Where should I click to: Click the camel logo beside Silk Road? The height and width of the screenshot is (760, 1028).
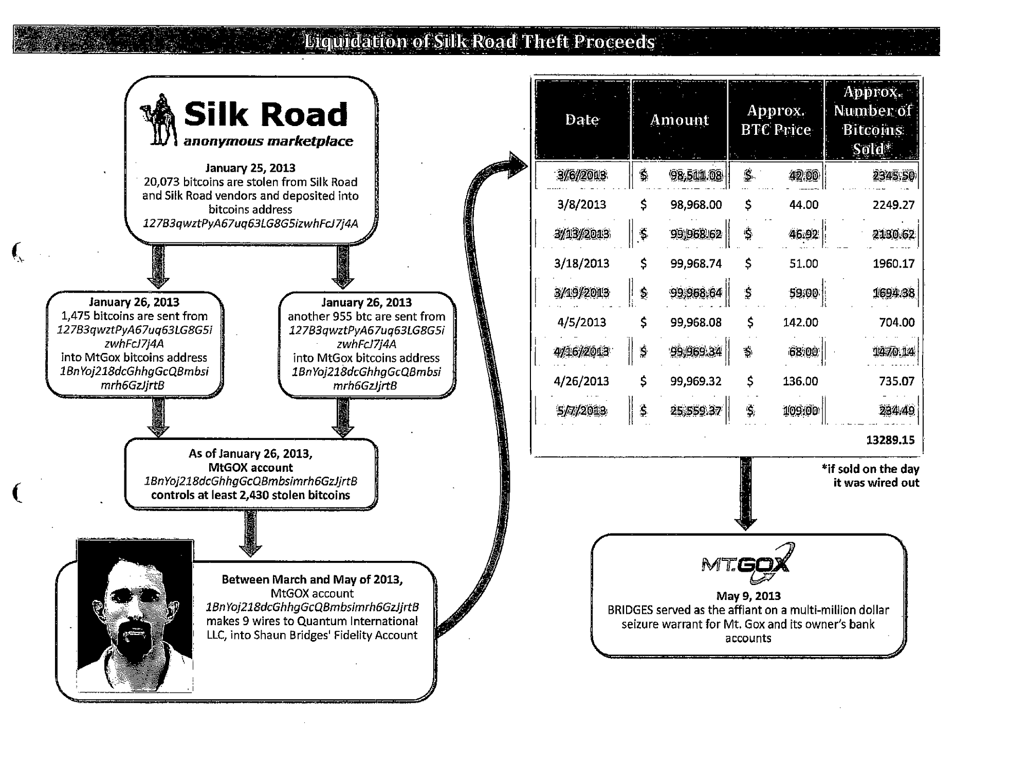pyautogui.click(x=158, y=120)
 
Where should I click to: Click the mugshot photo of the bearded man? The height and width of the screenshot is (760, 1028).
pyautogui.click(x=135, y=615)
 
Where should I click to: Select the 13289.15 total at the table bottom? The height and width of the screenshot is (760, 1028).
pyautogui.click(x=890, y=440)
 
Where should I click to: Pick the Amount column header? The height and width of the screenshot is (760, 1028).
pyautogui.click(x=679, y=120)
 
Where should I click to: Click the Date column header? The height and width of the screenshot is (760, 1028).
pyautogui.click(x=582, y=120)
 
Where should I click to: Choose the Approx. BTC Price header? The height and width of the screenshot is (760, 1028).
pyautogui.click(x=776, y=120)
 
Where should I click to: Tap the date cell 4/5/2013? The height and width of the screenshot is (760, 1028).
pyautogui.click(x=582, y=323)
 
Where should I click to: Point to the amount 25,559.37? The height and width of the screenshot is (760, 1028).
pyautogui.click(x=695, y=411)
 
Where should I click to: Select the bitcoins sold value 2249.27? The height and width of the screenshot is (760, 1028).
pyautogui.click(x=893, y=205)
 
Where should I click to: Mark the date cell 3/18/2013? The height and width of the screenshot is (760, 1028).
pyautogui.click(x=582, y=264)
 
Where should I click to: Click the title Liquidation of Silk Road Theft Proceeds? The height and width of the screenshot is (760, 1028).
pyautogui.click(x=479, y=41)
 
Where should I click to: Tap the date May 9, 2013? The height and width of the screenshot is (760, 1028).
pyautogui.click(x=748, y=596)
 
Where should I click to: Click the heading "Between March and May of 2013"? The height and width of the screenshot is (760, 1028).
pyautogui.click(x=312, y=579)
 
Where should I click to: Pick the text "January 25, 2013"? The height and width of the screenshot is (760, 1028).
pyautogui.click(x=250, y=168)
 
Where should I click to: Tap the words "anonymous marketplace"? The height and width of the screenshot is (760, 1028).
pyautogui.click(x=268, y=142)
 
